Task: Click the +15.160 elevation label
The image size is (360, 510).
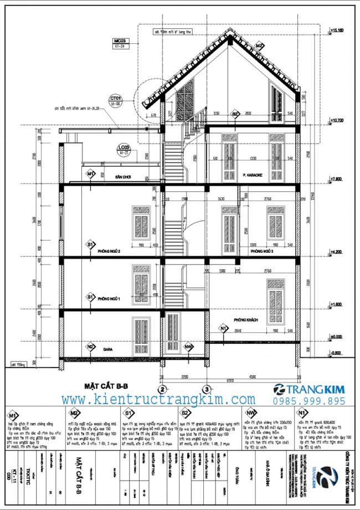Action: point(337,29)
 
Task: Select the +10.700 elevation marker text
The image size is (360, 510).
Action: point(337,119)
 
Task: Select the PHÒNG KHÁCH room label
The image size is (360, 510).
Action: point(247,320)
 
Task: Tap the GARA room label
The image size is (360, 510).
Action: point(107,350)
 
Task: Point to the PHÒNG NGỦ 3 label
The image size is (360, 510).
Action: point(263,251)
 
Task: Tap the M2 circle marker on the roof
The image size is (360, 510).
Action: point(259,46)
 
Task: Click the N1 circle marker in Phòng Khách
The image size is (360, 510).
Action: point(223,328)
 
